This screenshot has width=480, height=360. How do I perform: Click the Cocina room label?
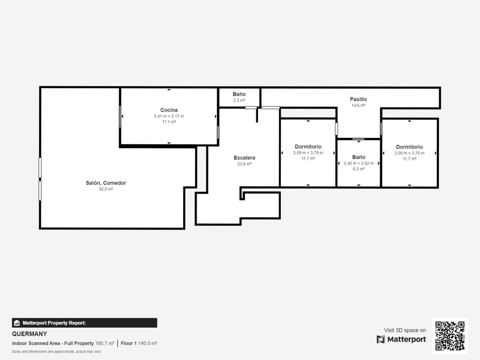(x=169, y=110)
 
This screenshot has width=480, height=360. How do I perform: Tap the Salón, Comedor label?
(x=106, y=183)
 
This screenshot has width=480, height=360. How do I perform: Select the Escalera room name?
(x=244, y=158)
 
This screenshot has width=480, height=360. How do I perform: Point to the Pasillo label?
(x=358, y=99)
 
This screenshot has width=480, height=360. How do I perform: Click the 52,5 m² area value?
(x=106, y=189)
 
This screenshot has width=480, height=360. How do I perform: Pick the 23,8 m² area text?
(x=244, y=164)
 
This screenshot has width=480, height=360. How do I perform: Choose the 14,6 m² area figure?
(x=358, y=105)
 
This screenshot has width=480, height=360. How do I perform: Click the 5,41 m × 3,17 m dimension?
(x=169, y=116)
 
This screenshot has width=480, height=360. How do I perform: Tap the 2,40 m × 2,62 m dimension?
(x=359, y=163)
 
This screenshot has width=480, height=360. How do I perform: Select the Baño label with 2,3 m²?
(x=239, y=94)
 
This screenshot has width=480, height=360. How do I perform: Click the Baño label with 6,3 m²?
(x=359, y=157)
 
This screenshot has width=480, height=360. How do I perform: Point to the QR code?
(x=450, y=336)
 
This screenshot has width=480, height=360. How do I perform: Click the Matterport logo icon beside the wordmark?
(x=381, y=340)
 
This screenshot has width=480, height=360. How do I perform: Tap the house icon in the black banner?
(x=17, y=323)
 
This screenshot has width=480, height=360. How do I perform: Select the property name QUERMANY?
(x=29, y=334)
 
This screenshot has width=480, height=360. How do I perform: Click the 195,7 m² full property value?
(x=105, y=343)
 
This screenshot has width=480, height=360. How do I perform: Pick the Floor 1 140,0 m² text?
(x=139, y=343)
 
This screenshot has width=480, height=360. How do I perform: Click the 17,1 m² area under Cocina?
(x=169, y=122)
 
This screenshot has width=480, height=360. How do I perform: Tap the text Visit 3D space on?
(x=405, y=330)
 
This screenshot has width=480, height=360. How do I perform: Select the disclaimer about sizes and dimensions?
(x=56, y=352)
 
